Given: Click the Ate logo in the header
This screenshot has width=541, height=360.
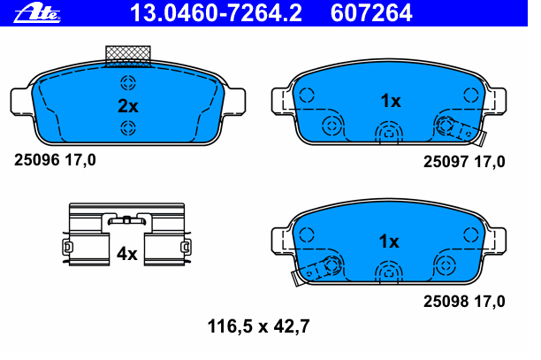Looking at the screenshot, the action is coord(37,14).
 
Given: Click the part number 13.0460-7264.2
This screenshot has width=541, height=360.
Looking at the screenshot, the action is coord(216,12).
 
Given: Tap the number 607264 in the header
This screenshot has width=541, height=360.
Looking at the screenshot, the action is coord(371,12).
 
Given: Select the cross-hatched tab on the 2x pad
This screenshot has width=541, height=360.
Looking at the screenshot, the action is coord(128,56).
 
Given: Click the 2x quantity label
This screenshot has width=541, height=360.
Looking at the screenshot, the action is coord(128,106).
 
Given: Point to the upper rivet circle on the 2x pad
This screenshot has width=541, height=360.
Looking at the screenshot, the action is coord(128,83).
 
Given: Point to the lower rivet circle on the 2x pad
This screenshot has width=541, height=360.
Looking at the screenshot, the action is coord(128,128).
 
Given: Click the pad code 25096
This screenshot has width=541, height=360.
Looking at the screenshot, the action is coord(37,160).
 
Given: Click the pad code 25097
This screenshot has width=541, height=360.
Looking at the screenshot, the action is coord(446,162).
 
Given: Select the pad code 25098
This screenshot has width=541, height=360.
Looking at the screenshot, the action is coord(446,302).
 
